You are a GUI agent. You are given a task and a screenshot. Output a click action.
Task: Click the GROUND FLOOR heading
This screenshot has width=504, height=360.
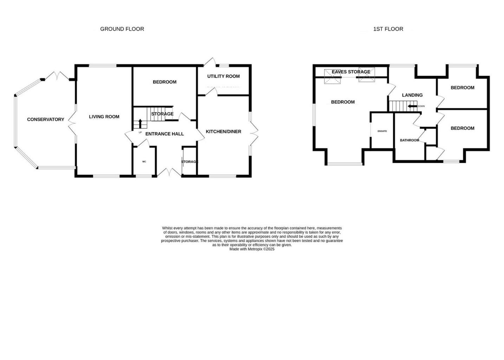click(x=122, y=29)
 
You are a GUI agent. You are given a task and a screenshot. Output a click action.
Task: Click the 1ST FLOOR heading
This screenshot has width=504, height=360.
click(x=388, y=29)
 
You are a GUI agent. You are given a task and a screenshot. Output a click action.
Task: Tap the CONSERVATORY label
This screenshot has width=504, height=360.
click(x=46, y=120)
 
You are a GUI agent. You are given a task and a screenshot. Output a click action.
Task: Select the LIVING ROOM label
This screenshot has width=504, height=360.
click(x=104, y=117)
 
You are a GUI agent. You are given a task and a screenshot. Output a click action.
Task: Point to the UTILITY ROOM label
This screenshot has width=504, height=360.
click(x=223, y=76)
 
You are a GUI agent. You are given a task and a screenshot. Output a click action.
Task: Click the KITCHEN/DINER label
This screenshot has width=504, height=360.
click(x=224, y=131)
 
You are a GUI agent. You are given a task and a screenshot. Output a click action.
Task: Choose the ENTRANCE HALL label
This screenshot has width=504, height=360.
click(x=164, y=134)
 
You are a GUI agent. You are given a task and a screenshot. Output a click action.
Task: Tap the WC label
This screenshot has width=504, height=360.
click(x=144, y=162)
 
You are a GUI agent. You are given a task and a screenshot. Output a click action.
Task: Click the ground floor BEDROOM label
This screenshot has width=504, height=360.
click(x=164, y=82)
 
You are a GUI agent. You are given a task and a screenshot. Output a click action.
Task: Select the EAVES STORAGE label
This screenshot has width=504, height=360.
click(x=351, y=72)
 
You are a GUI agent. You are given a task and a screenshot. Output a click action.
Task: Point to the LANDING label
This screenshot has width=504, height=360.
click(x=412, y=95)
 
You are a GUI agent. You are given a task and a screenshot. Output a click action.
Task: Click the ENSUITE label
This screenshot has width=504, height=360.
click(x=382, y=131)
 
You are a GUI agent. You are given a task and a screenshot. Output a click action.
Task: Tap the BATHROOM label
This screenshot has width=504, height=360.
click(x=409, y=140)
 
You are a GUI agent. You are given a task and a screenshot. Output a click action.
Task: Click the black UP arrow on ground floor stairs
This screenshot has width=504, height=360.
click(x=140, y=123)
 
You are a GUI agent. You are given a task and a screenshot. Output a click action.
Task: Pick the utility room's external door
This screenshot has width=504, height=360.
click(x=209, y=62)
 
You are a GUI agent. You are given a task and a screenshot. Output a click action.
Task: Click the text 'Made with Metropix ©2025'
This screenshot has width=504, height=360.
click(x=252, y=249)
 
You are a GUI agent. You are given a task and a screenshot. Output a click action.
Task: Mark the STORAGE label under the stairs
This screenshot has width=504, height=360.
click(x=162, y=114)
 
